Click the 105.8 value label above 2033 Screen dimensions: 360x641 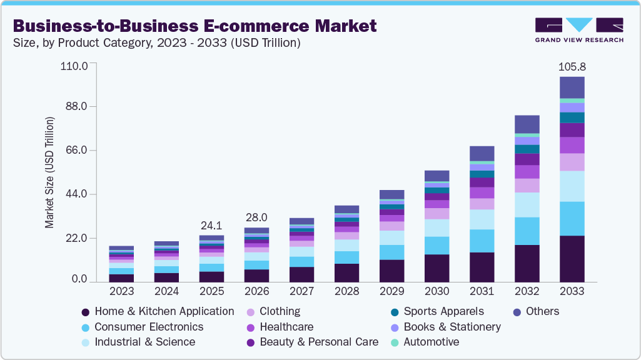[572, 66]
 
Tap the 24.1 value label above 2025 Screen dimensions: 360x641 [211, 225]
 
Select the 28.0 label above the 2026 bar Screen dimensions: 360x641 [256, 217]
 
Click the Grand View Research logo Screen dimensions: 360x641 [578, 30]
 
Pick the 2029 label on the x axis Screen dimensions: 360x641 [391, 291]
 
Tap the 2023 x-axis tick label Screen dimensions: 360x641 [121, 291]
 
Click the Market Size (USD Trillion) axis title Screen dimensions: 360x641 [49, 172]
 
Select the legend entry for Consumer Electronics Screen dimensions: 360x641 [149, 327]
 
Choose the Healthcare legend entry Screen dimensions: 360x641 [286, 327]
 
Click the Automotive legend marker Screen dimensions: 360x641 [395, 342]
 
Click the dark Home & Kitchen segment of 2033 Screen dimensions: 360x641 [572, 259]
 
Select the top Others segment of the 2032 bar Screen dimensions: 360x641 [527, 124]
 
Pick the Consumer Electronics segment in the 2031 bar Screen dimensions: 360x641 [482, 241]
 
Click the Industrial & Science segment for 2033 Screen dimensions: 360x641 [572, 186]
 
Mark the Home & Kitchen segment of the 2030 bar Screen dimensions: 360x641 [437, 268]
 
